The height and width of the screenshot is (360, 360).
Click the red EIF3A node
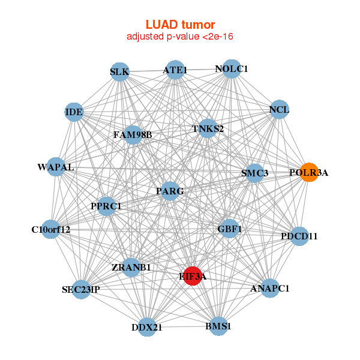(x=192, y=276)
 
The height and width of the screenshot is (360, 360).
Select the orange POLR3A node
(x=308, y=173)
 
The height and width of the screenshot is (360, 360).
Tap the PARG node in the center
(x=170, y=191)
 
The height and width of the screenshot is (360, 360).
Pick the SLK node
(x=119, y=73)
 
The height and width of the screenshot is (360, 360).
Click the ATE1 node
(x=175, y=70)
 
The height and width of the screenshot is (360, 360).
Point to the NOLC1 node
(x=231, y=69)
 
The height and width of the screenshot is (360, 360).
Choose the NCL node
(x=279, y=110)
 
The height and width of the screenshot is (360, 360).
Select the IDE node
(x=74, y=112)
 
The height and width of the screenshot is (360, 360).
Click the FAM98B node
(x=133, y=134)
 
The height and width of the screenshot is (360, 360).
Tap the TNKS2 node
(x=208, y=128)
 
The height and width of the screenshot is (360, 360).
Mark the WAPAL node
(x=56, y=167)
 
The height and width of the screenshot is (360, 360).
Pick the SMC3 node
(x=255, y=173)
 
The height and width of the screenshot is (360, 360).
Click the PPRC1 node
(x=106, y=206)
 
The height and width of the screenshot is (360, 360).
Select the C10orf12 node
(x=51, y=229)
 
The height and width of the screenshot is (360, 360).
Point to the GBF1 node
(x=230, y=229)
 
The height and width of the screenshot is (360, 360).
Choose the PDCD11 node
(x=299, y=236)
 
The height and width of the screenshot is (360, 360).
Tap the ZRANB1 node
(x=131, y=267)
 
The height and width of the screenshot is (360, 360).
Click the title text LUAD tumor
(x=180, y=25)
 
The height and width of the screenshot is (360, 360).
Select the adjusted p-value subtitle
(x=180, y=37)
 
